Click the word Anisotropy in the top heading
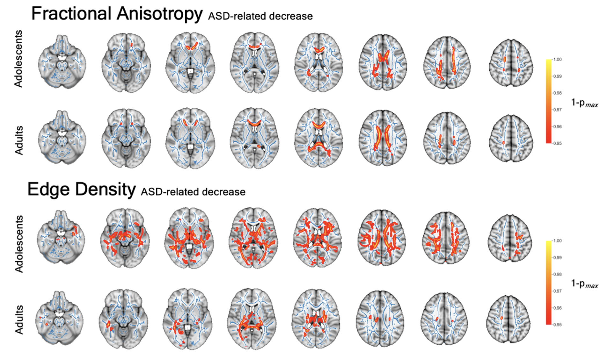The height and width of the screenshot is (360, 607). (x=159, y=14)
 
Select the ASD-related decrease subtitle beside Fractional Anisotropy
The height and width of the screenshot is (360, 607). (x=260, y=16)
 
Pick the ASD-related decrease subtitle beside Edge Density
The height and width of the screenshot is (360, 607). (x=193, y=192)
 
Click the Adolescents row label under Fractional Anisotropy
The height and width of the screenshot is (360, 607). (x=19, y=59)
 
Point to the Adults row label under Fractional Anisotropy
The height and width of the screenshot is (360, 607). (x=19, y=140)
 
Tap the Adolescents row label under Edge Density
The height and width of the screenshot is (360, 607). (x=19, y=244)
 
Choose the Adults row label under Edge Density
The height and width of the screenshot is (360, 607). (x=19, y=320)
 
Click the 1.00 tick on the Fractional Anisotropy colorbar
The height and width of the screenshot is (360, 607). (x=557, y=60)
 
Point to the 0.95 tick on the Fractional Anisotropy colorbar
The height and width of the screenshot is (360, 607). (x=557, y=143)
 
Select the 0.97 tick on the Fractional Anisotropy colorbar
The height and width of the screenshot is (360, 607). (x=557, y=110)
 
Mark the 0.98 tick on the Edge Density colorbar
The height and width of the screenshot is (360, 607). (x=557, y=274)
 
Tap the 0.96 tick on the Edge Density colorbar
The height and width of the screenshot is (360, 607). (x=557, y=308)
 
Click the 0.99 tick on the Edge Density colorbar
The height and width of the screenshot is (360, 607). (x=557, y=257)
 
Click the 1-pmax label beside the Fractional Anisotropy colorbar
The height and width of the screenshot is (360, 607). (x=584, y=103)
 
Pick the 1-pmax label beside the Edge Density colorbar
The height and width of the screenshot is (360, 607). (x=584, y=284)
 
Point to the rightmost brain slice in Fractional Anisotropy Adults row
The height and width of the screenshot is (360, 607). (x=511, y=139)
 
